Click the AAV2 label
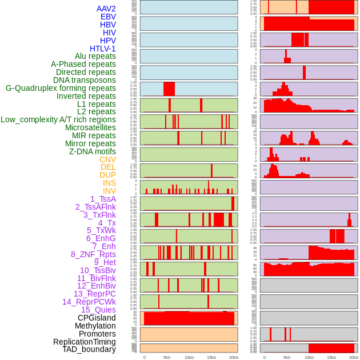tap(106, 9)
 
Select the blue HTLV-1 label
tap(102, 49)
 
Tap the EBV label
tap(108, 17)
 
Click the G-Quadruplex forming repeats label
tap(61, 88)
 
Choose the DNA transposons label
tap(85, 80)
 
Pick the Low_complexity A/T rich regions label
tap(58, 119)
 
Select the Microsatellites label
tap(90, 127)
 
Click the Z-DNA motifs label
tap(93, 151)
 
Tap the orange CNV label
tap(107, 159)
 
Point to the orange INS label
tap(109, 183)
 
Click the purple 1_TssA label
tap(103, 199)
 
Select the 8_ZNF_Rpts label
tap(93, 254)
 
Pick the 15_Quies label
tap(98, 310)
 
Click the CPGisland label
tap(97, 318)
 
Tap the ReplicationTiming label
tap(84, 342)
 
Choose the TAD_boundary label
tap(89, 349)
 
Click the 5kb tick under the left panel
tap(167, 357)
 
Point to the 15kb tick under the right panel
tap(331, 357)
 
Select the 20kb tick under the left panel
tap(233, 357)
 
